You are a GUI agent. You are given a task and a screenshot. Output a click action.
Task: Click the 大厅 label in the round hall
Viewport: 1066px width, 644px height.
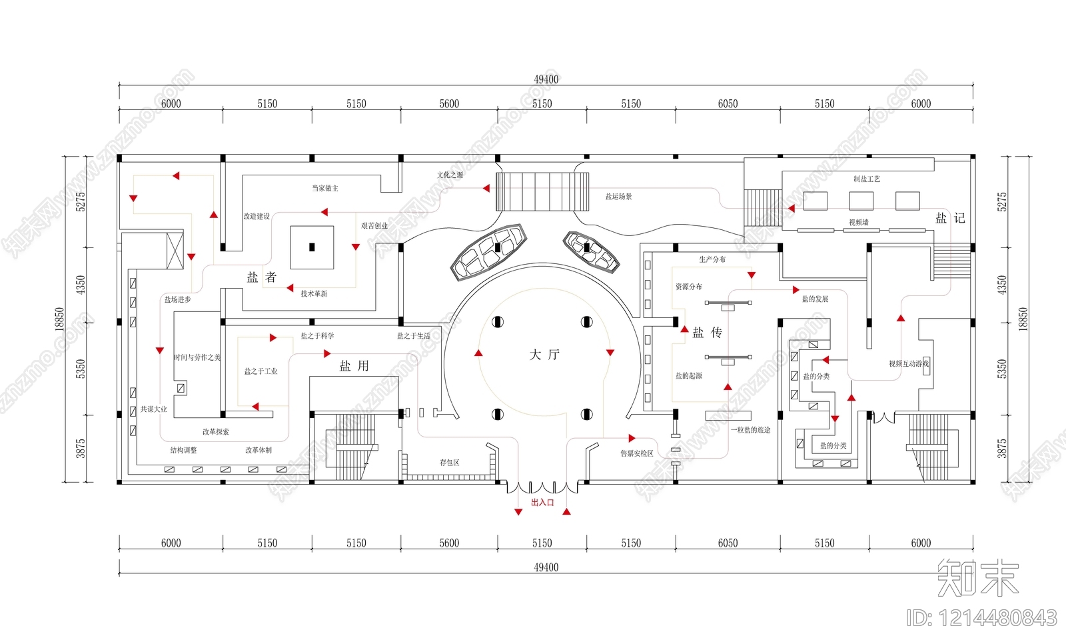(544, 355)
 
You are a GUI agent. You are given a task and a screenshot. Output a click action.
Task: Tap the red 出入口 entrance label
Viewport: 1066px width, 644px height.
(542, 503)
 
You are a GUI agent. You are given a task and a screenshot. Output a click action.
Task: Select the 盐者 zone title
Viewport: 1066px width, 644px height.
(261, 277)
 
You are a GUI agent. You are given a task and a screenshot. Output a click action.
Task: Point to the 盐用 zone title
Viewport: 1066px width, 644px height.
(354, 366)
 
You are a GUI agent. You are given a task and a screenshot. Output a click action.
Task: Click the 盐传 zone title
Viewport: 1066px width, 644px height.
(707, 332)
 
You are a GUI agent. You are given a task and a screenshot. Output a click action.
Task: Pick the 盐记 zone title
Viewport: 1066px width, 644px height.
(950, 218)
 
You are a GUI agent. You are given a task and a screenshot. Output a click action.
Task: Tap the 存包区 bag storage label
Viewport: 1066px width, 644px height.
(449, 463)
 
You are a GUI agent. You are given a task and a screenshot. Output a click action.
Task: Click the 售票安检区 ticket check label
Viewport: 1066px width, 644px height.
(637, 453)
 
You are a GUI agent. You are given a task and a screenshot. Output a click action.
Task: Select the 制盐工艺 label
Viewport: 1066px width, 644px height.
(866, 179)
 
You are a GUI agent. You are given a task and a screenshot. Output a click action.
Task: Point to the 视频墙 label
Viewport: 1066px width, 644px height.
(858, 223)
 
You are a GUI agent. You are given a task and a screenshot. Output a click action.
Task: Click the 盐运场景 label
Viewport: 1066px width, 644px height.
(618, 197)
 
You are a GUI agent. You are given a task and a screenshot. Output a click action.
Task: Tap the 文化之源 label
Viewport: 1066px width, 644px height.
(450, 175)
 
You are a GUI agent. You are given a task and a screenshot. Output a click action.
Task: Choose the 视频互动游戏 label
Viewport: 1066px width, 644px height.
(908, 364)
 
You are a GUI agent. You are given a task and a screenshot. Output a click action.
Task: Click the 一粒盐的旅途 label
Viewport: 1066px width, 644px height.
(750, 430)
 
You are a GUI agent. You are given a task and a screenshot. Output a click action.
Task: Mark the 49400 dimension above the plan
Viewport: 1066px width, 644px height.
(546, 79)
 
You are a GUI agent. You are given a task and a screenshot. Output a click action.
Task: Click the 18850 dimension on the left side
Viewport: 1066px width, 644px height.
(59, 319)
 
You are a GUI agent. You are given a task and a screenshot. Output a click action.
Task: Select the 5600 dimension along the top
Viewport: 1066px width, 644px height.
(449, 104)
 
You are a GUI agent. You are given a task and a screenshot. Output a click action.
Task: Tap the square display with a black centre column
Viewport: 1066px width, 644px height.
(312, 247)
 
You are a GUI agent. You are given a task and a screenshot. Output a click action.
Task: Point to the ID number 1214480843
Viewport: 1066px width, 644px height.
(981, 619)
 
